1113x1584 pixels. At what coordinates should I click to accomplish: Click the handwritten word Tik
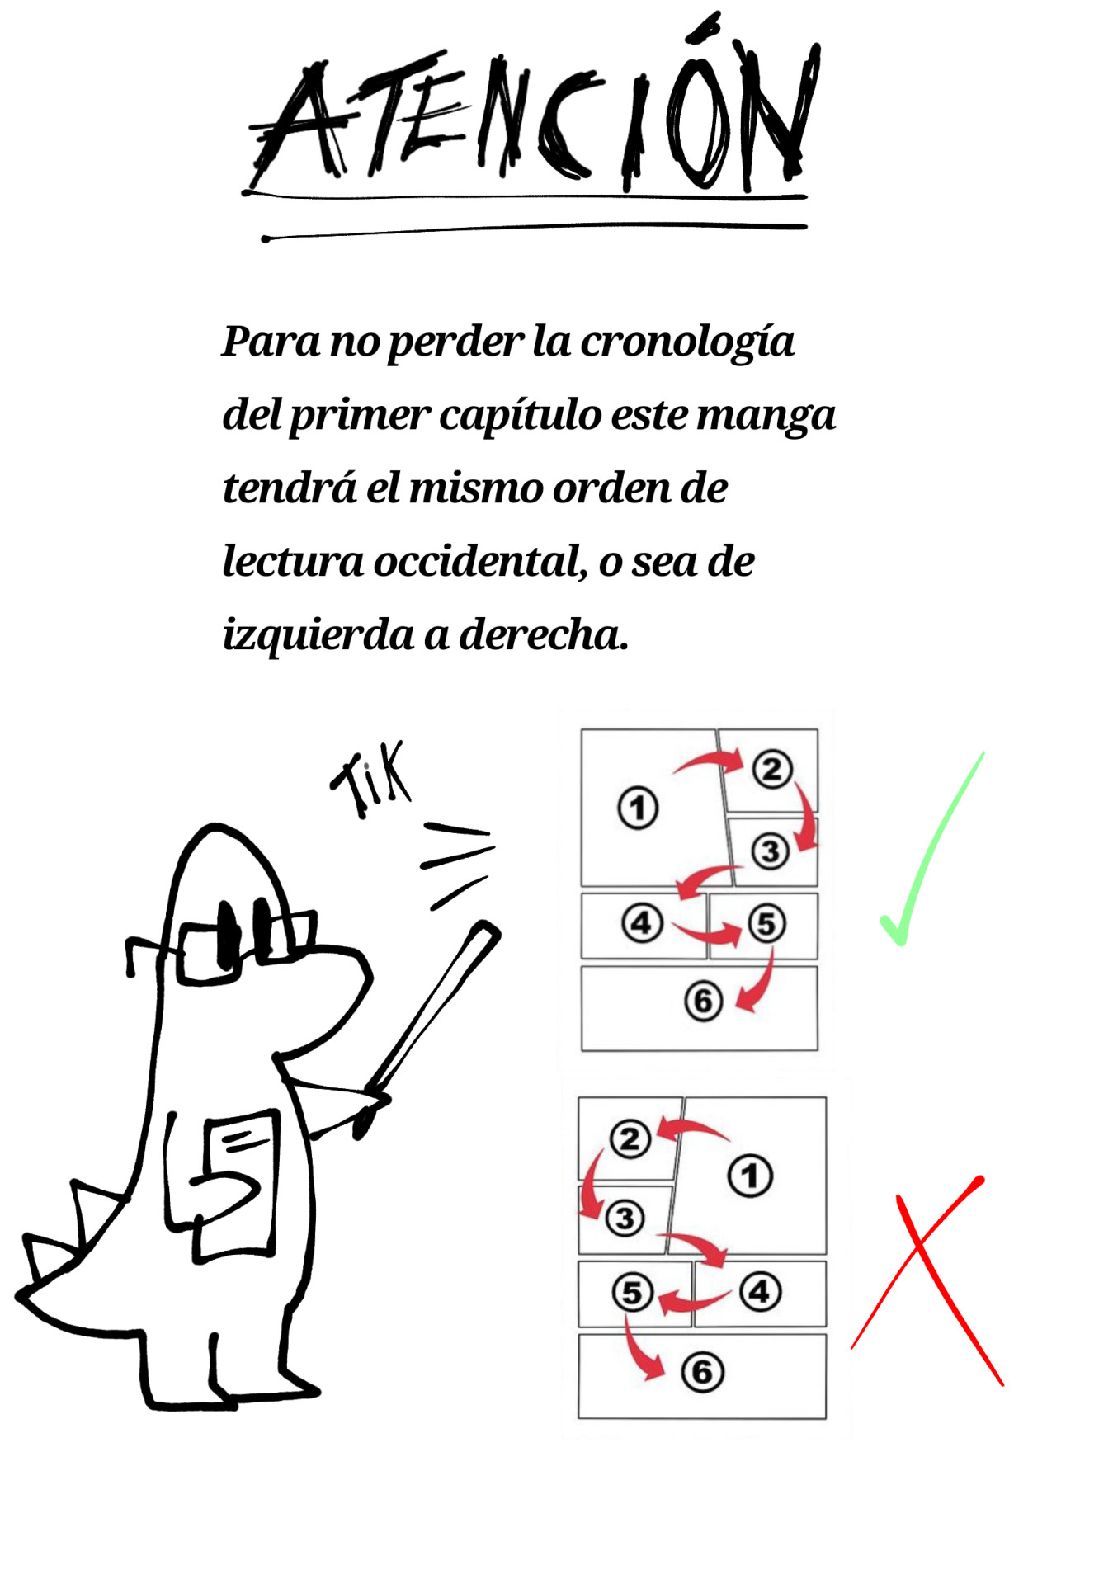pyautogui.click(x=370, y=780)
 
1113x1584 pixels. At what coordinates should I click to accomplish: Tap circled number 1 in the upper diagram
pyautogui.click(x=638, y=808)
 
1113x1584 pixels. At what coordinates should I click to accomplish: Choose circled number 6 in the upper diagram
pyautogui.click(x=703, y=1001)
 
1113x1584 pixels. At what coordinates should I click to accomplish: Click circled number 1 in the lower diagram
pyautogui.click(x=750, y=1176)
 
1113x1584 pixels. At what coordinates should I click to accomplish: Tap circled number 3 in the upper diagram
pyautogui.click(x=771, y=851)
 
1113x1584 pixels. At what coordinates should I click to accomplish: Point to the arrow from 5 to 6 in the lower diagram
pyautogui.click(x=640, y=1351)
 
